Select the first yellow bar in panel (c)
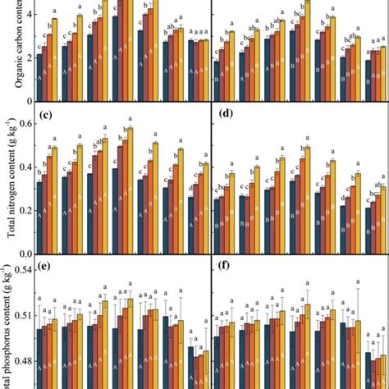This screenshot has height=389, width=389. click(x=55, y=194)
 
